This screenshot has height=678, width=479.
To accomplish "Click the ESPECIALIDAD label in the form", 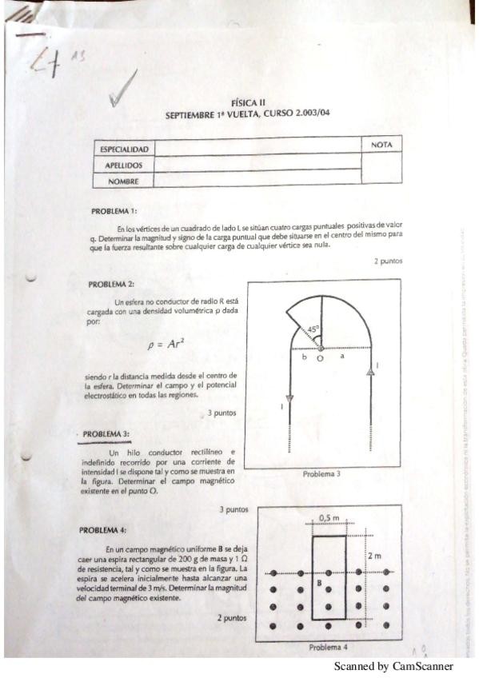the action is (123, 150).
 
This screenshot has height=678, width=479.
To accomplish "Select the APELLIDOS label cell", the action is (123, 166).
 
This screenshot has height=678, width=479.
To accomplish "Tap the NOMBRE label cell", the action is (123, 181).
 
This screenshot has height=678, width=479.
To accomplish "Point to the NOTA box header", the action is (381, 145).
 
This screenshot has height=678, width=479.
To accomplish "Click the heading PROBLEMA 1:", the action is (114, 211).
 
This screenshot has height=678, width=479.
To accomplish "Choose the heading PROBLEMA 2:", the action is (111, 284).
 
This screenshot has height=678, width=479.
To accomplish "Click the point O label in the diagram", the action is (320, 359).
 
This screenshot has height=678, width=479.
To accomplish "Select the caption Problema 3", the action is (321, 474).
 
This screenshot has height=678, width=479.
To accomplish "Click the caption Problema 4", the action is (328, 647).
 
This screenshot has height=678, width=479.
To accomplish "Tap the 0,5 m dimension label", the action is (329, 518).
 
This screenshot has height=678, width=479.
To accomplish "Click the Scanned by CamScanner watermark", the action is (393, 666).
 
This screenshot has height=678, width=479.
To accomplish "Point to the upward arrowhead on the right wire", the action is (369, 370).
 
